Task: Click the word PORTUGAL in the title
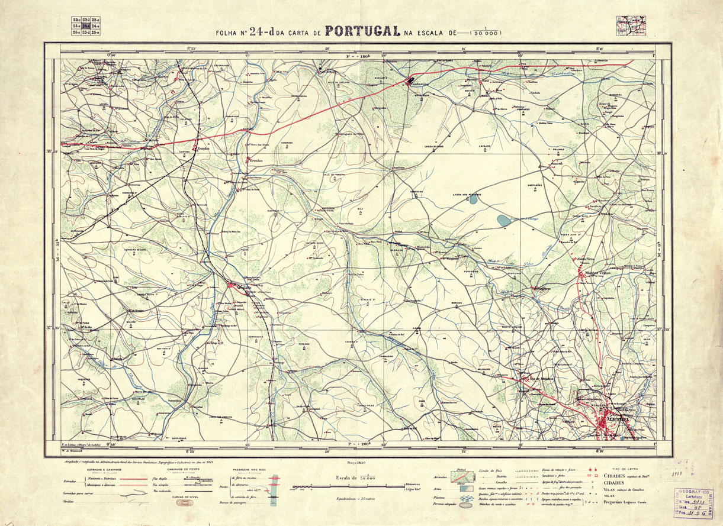(362, 31)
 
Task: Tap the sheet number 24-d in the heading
(261, 32)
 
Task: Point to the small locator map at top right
(631, 24)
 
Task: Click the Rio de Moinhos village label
(534, 379)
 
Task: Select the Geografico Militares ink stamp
(693, 503)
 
